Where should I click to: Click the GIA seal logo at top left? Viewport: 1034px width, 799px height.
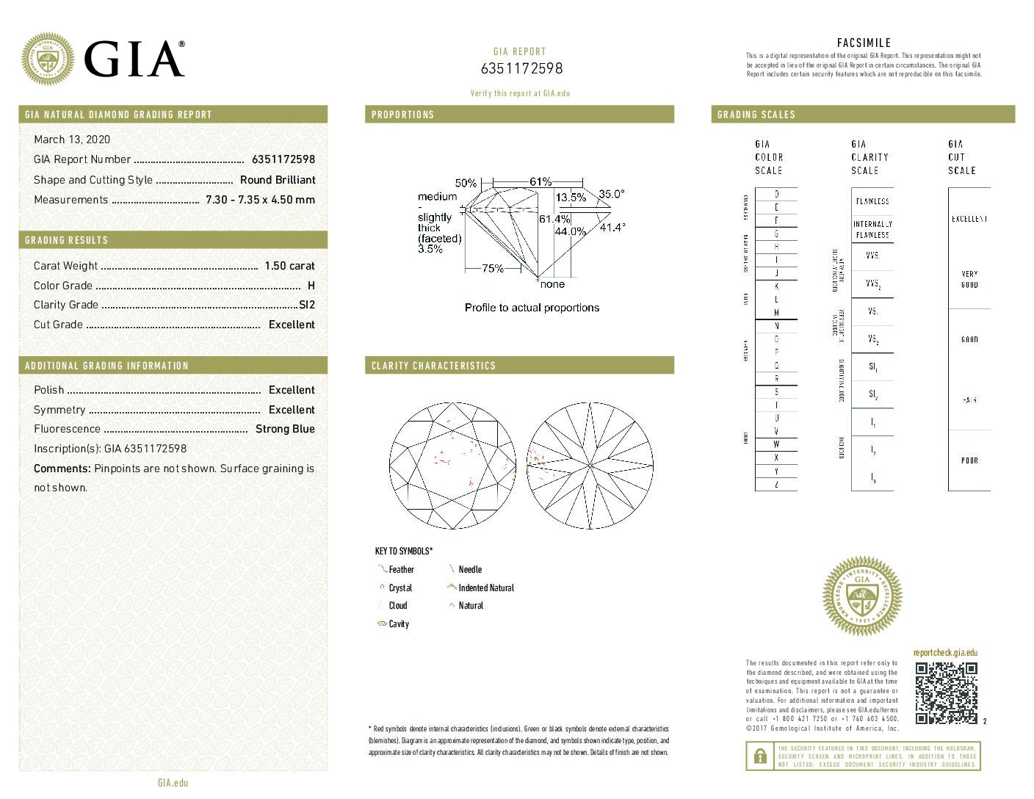48,59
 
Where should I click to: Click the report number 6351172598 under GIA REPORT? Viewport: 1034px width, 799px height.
521,68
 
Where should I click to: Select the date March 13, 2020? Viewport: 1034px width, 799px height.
72,140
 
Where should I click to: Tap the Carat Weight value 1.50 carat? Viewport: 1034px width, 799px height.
289,266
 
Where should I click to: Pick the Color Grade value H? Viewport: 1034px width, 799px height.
311,286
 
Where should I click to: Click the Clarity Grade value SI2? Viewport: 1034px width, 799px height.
307,305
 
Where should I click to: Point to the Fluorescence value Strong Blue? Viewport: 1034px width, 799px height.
285,429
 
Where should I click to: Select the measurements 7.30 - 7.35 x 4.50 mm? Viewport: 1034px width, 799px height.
260,200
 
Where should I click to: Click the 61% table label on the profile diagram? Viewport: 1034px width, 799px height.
540,181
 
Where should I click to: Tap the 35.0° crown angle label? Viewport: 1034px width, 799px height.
611,194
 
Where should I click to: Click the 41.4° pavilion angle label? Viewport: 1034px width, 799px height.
612,228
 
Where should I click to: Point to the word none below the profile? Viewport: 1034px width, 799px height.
552,284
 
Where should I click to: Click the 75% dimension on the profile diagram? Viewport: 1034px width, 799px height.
492,269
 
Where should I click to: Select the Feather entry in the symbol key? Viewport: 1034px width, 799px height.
401,570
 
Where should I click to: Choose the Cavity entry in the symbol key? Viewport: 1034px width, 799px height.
399,624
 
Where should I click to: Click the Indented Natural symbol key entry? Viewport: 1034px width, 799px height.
485,588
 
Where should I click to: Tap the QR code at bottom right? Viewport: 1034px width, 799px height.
946,693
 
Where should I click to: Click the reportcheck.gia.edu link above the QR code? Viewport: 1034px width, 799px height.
945,653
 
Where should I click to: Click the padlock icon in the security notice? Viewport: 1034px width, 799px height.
758,756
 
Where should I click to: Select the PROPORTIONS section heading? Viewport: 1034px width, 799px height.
402,115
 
